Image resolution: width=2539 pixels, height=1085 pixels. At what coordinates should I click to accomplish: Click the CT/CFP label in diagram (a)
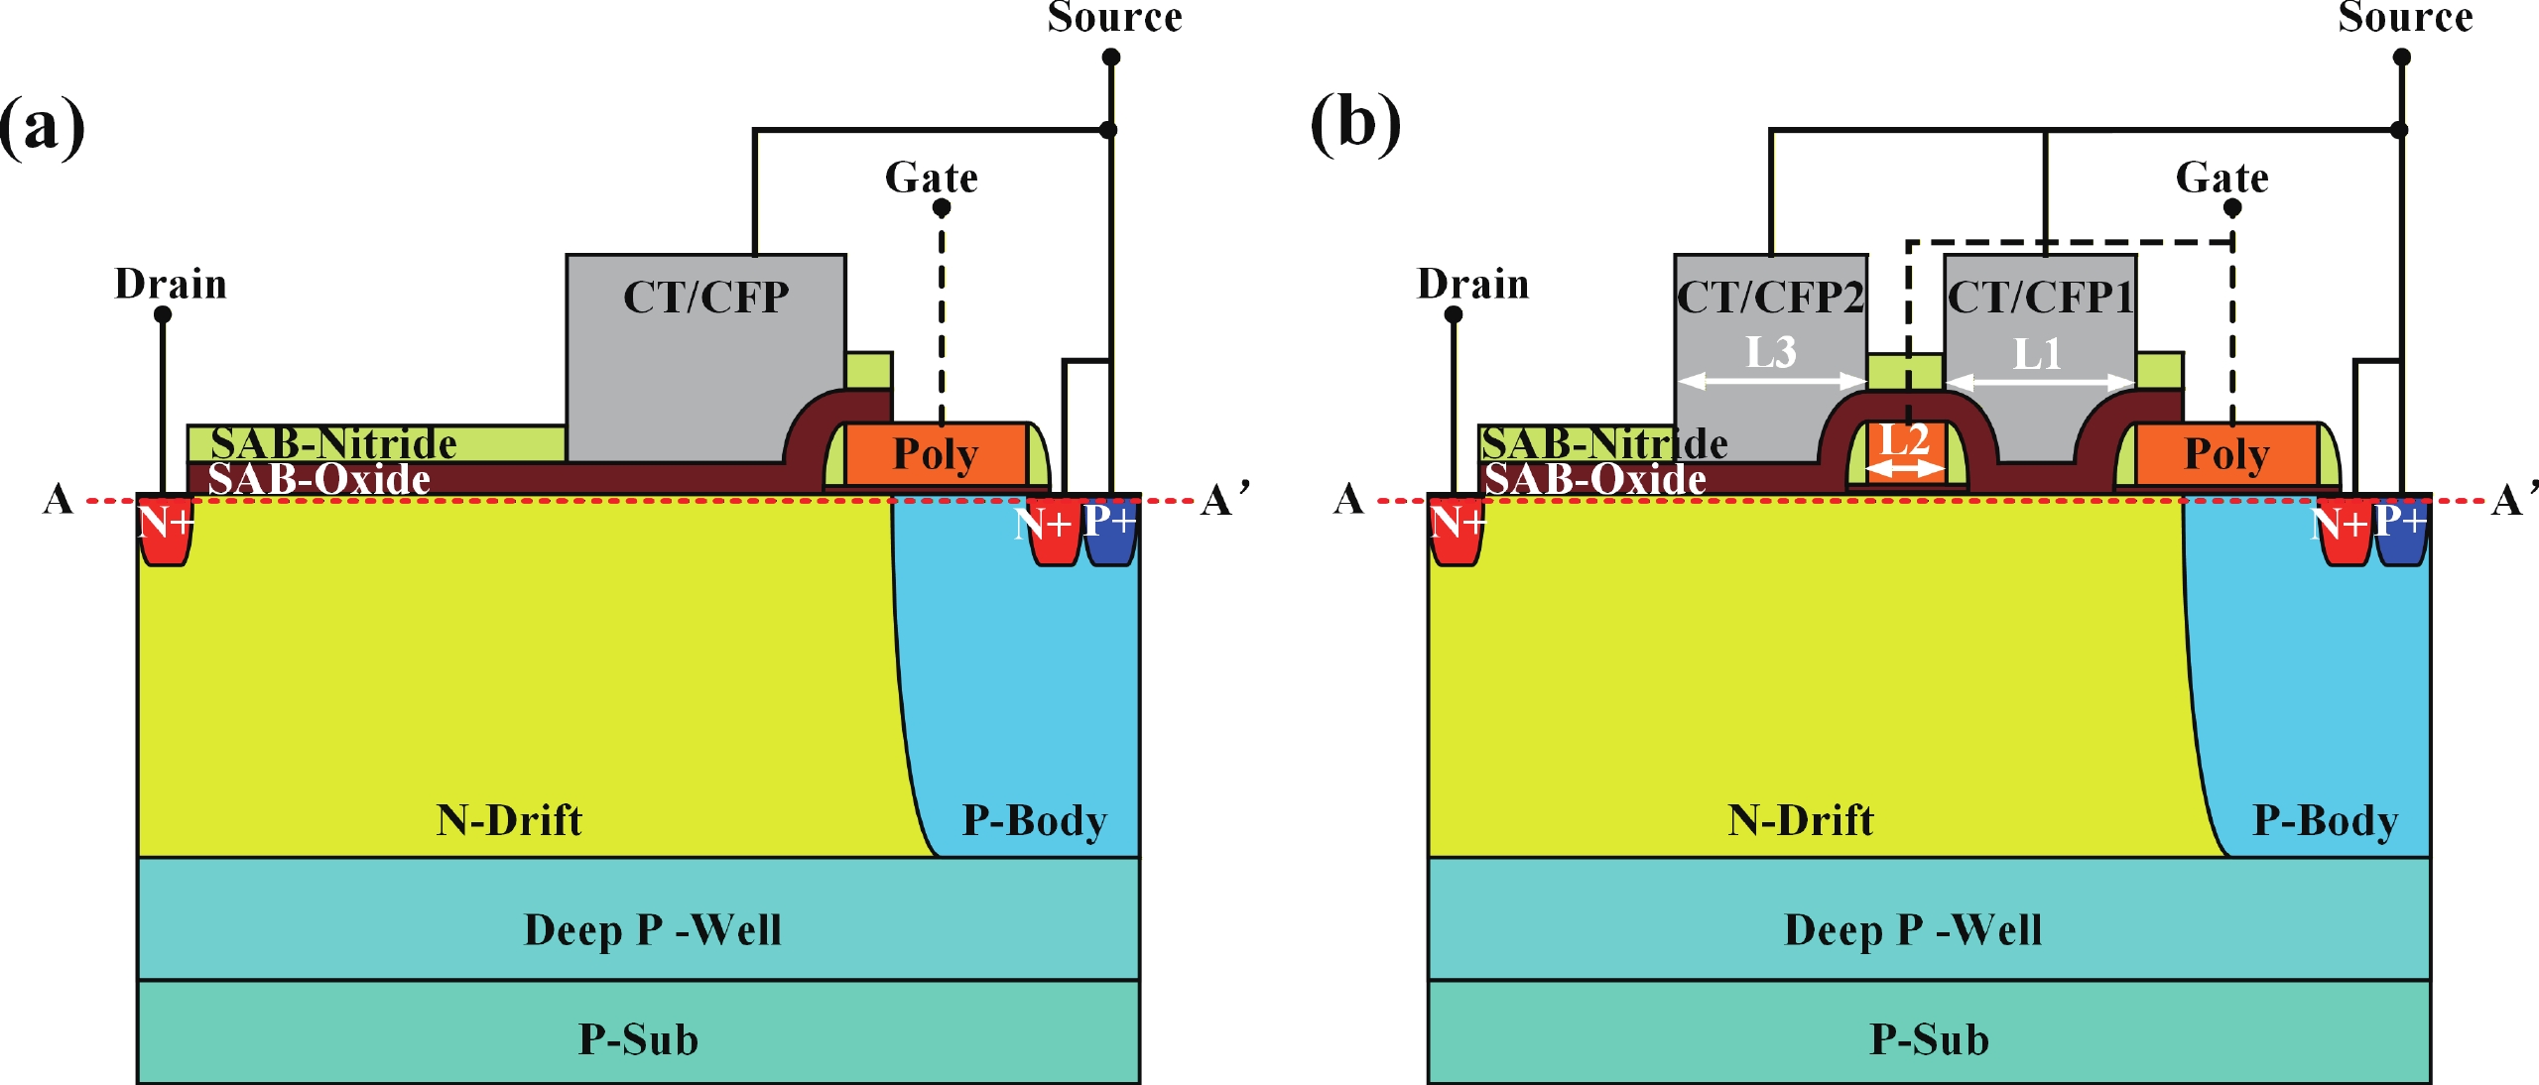point(705,298)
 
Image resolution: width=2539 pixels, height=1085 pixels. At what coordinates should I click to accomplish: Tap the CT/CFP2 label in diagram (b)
point(1770,298)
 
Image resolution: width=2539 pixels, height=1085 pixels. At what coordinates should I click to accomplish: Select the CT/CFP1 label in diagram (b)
point(2040,298)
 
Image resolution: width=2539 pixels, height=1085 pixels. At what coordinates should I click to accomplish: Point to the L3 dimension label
point(1771,352)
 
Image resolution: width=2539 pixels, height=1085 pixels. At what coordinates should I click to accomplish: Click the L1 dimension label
point(2038,354)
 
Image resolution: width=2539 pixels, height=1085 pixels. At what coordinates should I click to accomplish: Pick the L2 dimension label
point(1905,439)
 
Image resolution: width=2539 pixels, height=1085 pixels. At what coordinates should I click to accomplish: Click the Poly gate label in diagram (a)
point(936,454)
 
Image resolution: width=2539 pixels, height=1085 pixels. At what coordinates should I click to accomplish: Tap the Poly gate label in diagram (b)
point(2227,454)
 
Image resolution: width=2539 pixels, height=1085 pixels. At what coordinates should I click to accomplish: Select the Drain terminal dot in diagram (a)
point(163,314)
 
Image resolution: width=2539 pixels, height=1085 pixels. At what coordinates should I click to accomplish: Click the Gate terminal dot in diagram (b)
point(2232,207)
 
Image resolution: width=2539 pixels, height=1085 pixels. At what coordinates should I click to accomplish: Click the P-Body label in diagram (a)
point(1035,821)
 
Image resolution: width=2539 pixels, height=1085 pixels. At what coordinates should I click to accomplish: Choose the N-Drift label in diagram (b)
point(1800,821)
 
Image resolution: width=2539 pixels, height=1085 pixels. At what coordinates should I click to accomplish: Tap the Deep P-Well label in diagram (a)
point(653,930)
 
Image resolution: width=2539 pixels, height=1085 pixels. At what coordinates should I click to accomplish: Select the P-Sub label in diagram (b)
point(1929,1039)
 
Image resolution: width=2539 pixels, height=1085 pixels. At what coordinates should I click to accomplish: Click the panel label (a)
point(42,126)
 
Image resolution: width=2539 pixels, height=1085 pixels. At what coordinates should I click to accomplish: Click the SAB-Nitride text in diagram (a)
point(333,443)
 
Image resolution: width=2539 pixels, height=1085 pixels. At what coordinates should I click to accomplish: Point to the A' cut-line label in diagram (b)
point(2513,499)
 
